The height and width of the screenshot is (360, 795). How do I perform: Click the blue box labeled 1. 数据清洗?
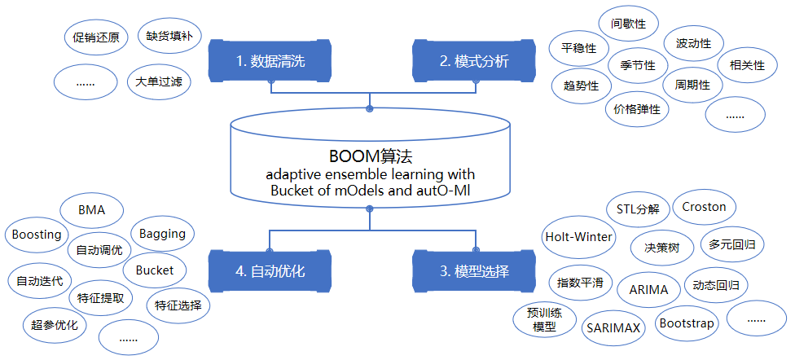click(270, 61)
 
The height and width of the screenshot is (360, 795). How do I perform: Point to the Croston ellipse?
click(704, 207)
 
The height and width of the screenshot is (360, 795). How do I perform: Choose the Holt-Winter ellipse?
click(579, 237)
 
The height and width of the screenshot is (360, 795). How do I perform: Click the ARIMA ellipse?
click(648, 289)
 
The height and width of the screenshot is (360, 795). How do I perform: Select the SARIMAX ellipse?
click(613, 327)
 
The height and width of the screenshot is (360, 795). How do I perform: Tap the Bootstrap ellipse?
click(686, 323)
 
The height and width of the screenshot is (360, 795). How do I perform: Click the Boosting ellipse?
click(37, 235)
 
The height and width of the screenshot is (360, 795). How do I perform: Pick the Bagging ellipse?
click(162, 234)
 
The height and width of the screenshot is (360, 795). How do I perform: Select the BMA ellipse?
click(92, 210)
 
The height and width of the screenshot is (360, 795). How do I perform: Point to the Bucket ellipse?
click(155, 270)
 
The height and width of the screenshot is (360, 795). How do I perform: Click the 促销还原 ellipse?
click(94, 37)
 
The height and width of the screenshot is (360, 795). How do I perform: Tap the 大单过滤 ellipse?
click(159, 81)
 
